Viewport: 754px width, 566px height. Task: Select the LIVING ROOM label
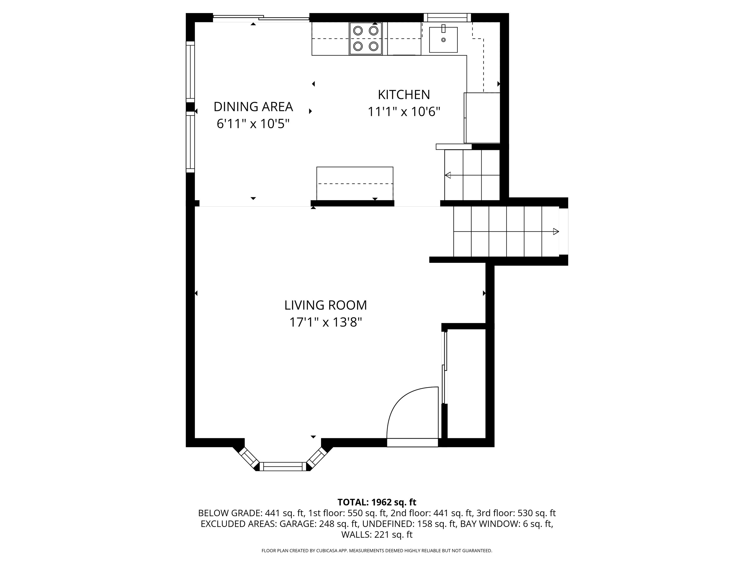[x=325, y=305]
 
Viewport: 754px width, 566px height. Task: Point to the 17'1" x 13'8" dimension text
[x=325, y=322]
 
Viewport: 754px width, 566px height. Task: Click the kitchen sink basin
[x=443, y=40]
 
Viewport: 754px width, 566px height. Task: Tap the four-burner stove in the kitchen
[x=366, y=38]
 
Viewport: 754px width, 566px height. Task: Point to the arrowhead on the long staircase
[x=556, y=232]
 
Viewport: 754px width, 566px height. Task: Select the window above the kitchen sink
[x=447, y=17]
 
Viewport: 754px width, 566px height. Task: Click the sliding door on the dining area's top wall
[x=261, y=18]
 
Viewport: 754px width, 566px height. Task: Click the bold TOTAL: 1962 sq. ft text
[x=377, y=502]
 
